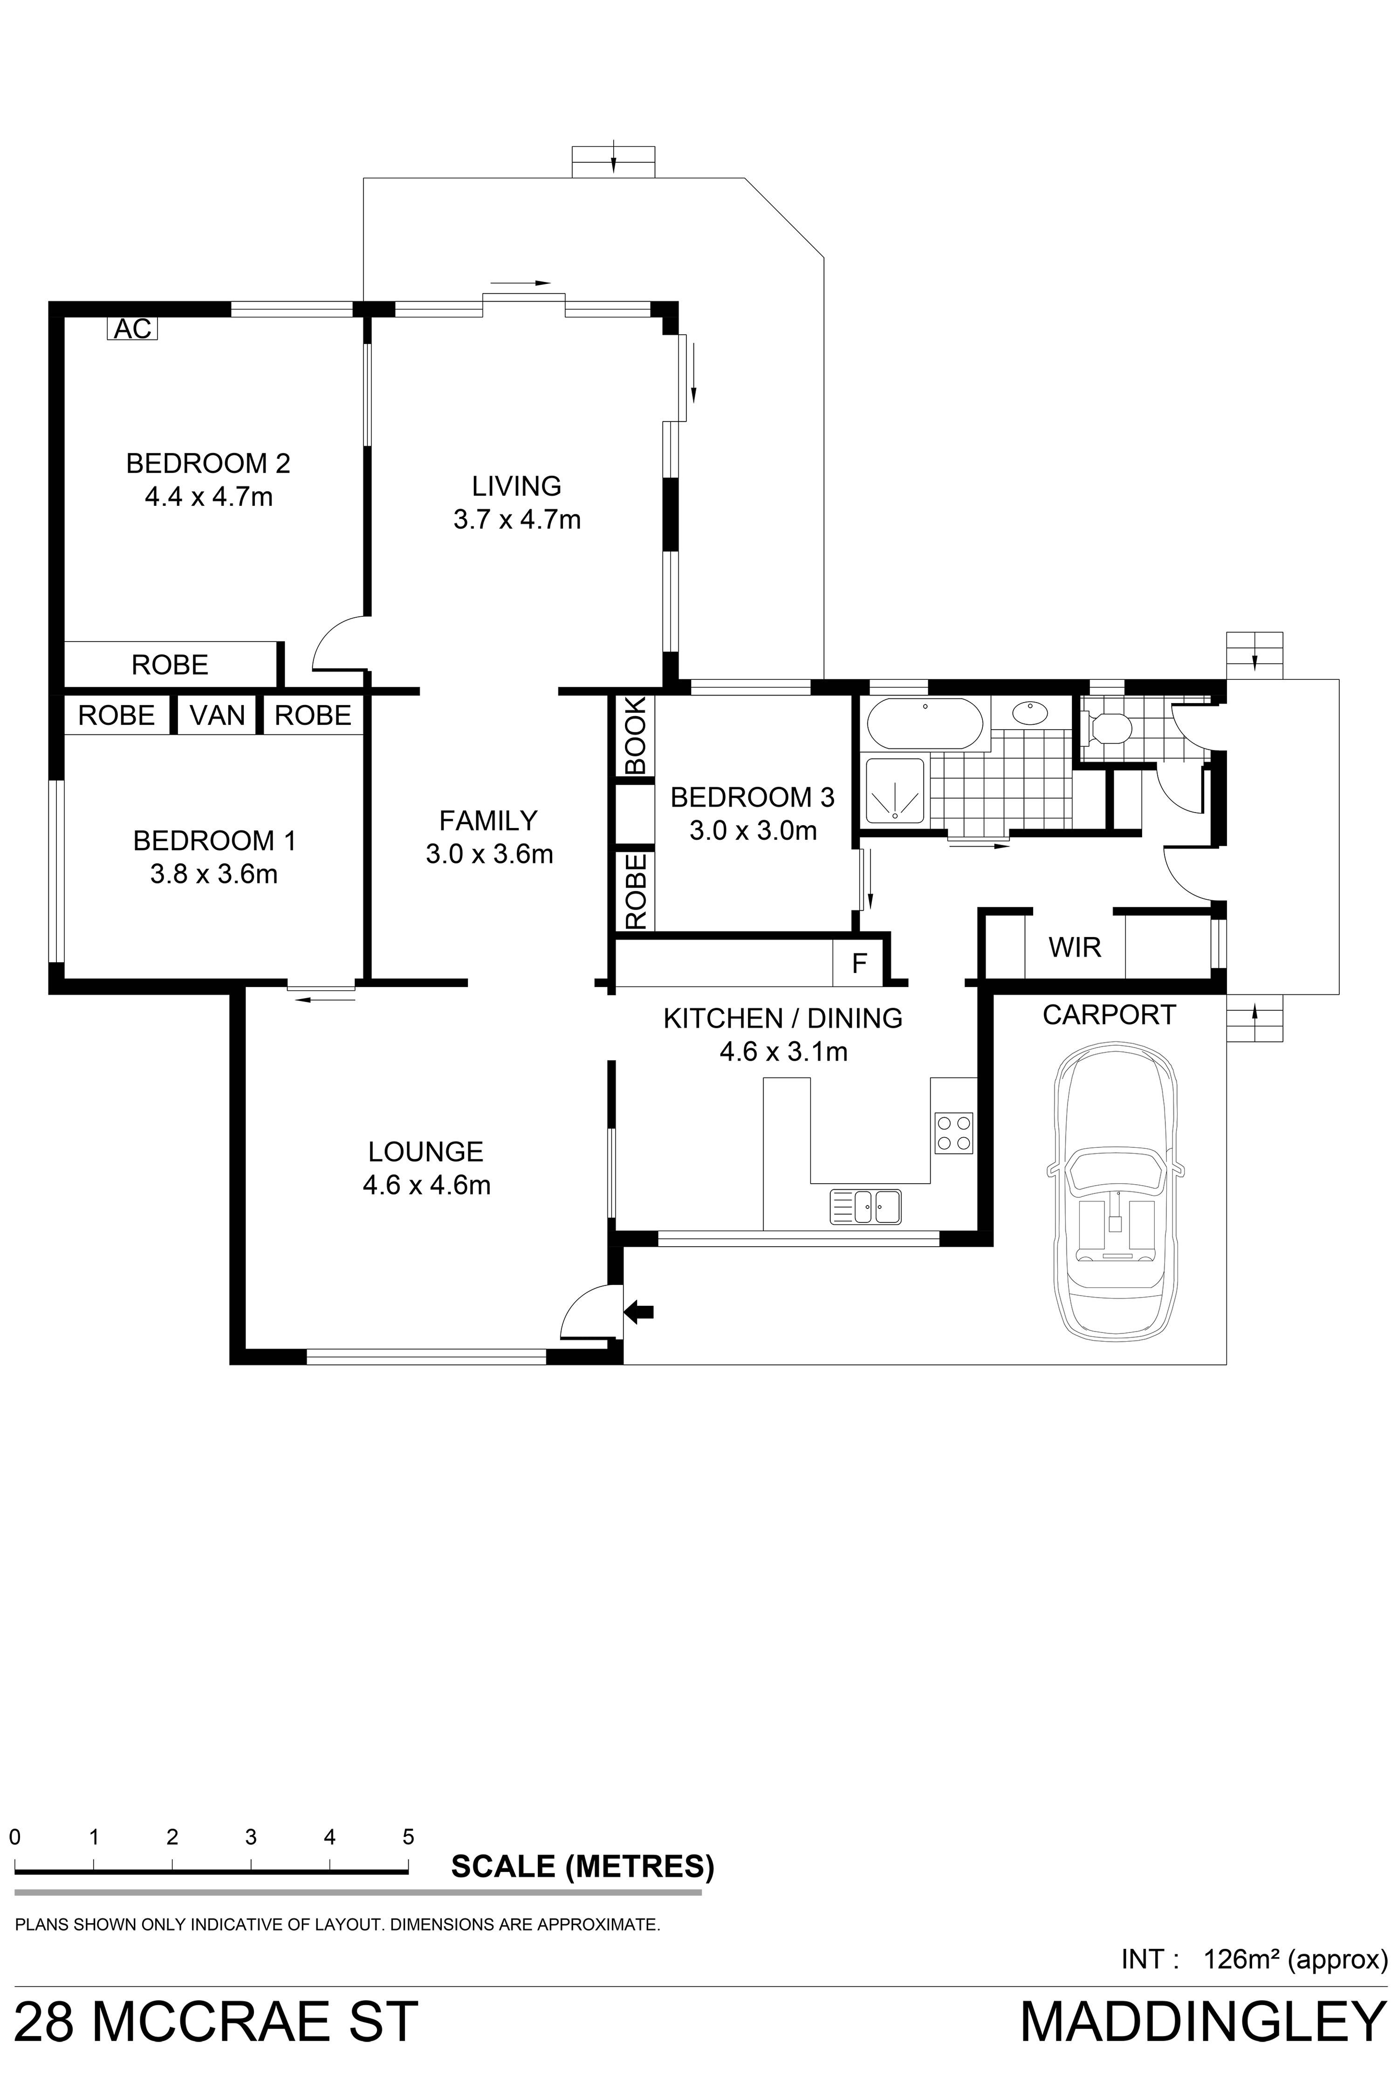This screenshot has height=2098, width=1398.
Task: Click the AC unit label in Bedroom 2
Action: (x=133, y=329)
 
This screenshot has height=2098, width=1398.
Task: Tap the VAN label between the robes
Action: (x=218, y=715)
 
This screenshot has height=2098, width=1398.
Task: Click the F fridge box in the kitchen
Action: (x=858, y=963)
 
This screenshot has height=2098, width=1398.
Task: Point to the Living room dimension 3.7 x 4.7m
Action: (x=517, y=519)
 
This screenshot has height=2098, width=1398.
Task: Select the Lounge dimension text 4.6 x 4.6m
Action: (x=426, y=1186)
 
